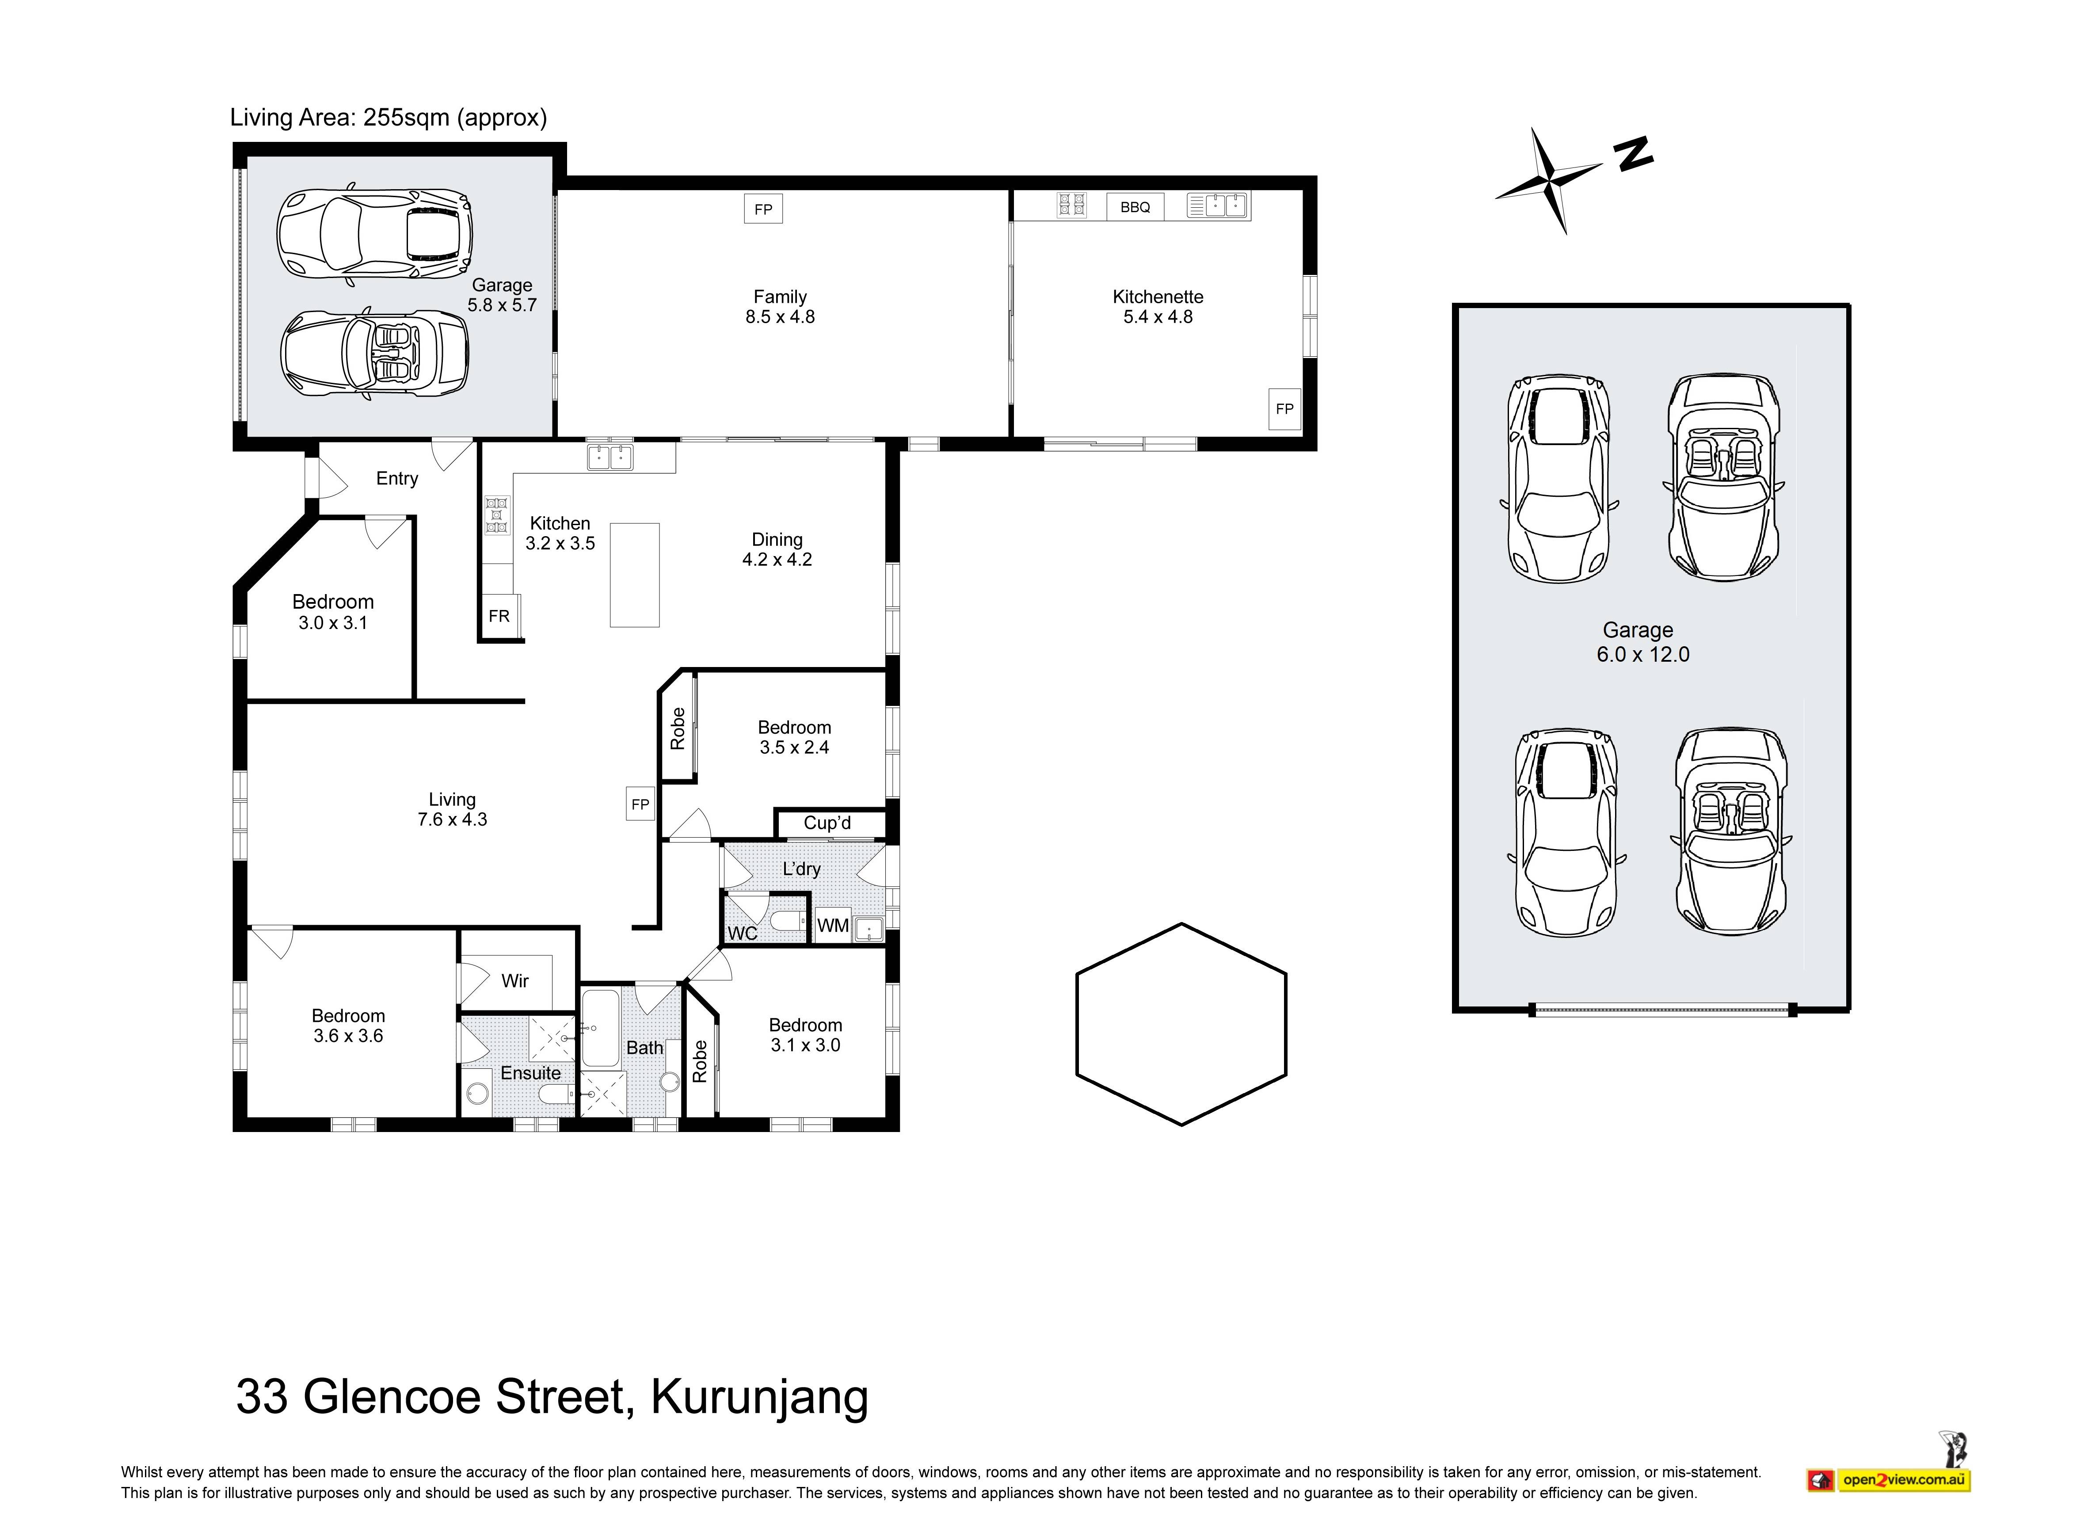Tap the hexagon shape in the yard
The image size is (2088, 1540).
[x=1181, y=1025]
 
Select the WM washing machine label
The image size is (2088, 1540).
[x=832, y=926]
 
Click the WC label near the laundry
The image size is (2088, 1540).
[x=742, y=933]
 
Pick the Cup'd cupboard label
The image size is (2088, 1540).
[x=827, y=823]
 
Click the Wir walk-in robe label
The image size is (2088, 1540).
[x=514, y=981]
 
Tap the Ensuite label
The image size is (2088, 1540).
[x=530, y=1073]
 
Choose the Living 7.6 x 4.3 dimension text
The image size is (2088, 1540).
[x=452, y=820]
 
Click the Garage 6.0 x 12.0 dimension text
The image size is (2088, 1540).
[x=1642, y=654]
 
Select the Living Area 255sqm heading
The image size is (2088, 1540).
[x=388, y=118]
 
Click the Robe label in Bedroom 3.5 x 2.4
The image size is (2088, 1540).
[x=678, y=728]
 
